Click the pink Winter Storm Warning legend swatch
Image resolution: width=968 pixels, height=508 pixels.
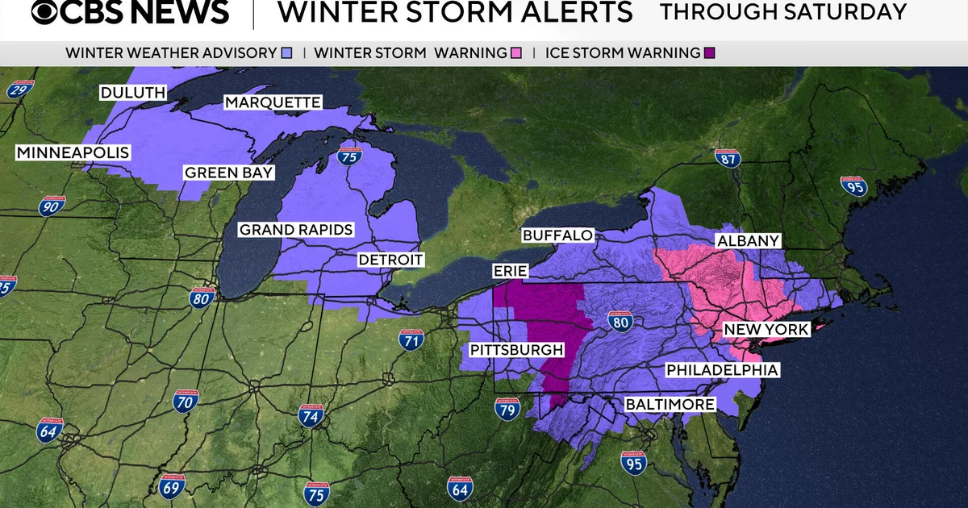(x=516, y=53)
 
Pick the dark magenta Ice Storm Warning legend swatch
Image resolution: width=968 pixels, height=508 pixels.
(x=709, y=53)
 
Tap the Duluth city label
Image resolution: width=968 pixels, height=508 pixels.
(x=133, y=93)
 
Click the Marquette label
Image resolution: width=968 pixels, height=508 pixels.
(x=273, y=102)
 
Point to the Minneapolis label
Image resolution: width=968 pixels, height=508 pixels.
(x=73, y=152)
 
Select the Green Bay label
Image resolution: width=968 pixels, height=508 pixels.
(x=229, y=173)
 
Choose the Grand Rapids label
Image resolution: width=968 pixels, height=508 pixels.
(x=296, y=230)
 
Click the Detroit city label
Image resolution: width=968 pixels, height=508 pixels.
(x=391, y=260)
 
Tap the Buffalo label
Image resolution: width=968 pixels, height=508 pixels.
(x=557, y=235)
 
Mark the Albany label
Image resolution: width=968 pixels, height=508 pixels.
(x=748, y=241)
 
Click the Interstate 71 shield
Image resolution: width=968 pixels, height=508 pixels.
(x=411, y=341)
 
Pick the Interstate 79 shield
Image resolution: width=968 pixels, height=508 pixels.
(x=507, y=410)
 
